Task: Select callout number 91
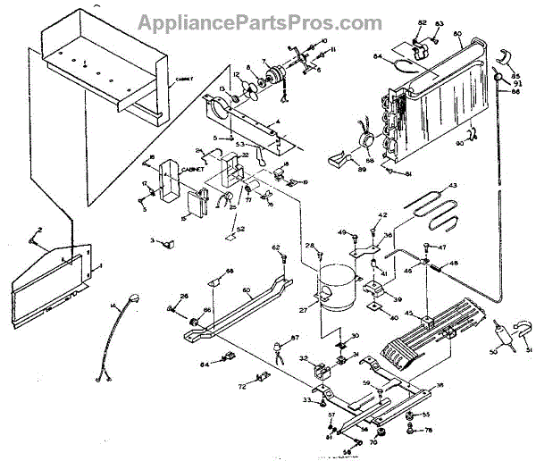coord(518,83)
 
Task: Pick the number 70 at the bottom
coord(374,441)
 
